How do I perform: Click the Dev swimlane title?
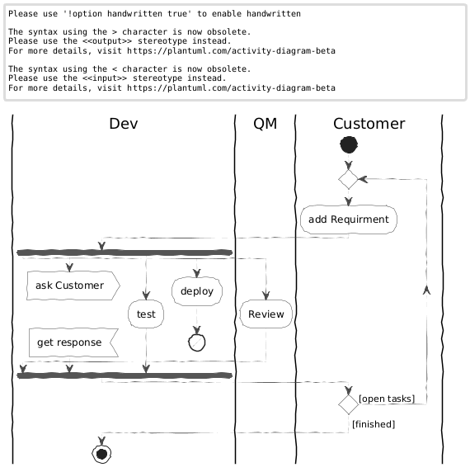click(124, 124)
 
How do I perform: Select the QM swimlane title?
click(265, 124)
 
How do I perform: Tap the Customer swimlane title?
click(369, 124)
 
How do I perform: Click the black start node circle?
click(349, 144)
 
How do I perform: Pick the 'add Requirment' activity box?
click(349, 219)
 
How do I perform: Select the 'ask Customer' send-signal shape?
click(73, 286)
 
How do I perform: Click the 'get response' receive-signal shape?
click(73, 342)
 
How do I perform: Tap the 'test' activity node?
click(146, 314)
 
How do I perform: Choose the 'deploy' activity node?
click(197, 291)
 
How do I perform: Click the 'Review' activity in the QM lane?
click(266, 314)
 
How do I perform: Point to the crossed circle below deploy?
click(197, 342)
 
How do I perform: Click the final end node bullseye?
click(101, 454)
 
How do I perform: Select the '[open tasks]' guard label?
click(387, 399)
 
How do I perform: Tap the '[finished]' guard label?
click(374, 424)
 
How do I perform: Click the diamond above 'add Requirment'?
click(349, 179)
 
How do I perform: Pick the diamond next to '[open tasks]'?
click(349, 404)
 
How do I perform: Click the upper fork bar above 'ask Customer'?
click(125, 253)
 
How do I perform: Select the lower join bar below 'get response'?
click(125, 375)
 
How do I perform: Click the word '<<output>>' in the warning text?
click(107, 41)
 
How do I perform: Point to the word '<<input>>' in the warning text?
click(105, 78)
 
